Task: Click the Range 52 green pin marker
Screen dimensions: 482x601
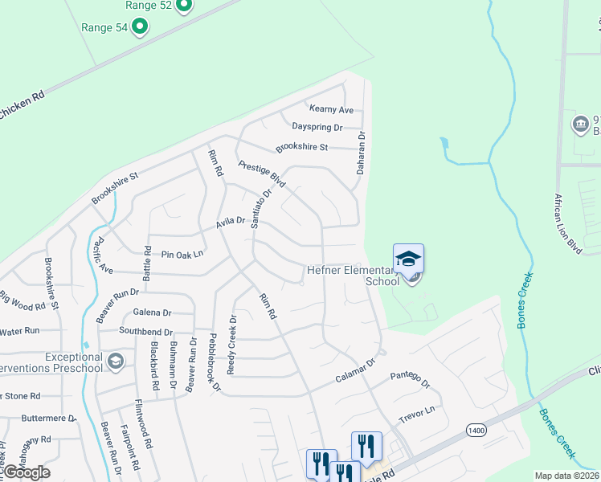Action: click(183, 5)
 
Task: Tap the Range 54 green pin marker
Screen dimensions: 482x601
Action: click(140, 28)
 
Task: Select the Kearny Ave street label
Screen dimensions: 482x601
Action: click(332, 109)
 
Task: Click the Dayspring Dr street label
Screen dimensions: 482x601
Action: click(317, 128)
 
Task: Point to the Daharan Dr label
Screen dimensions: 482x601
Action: click(361, 154)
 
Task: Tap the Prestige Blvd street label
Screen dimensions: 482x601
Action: click(262, 174)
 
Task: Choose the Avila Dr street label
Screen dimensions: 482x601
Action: click(229, 227)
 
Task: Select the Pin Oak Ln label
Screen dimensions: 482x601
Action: click(182, 255)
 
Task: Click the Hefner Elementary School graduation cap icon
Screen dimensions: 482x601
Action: click(408, 259)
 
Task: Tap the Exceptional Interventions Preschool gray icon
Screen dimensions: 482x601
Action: click(116, 361)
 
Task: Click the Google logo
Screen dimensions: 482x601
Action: click(26, 472)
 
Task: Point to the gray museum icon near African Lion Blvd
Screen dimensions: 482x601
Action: click(579, 125)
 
